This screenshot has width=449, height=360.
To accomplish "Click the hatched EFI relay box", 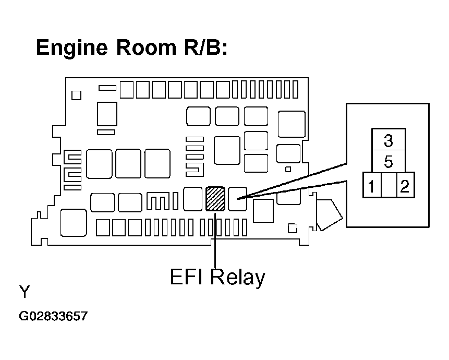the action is [x=215, y=199].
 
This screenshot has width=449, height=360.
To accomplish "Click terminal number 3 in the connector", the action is [x=389, y=140].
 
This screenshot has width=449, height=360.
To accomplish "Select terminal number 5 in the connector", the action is [x=389, y=162].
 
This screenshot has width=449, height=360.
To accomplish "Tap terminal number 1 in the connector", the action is [x=371, y=186].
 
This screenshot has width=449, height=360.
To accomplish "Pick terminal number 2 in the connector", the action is [x=405, y=186].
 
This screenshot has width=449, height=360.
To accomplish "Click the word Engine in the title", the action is [x=72, y=48].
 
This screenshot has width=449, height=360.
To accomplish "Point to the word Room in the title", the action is [x=146, y=47].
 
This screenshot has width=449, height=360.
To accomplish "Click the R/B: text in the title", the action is [x=205, y=47].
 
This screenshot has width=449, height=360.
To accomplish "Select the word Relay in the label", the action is [x=237, y=277].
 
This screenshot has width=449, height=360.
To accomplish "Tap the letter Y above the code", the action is [x=25, y=292].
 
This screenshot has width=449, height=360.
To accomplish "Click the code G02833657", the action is [x=53, y=316].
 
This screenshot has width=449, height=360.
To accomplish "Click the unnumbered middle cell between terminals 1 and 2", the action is [x=389, y=185].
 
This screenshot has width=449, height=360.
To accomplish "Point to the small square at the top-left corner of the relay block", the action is [x=76, y=95].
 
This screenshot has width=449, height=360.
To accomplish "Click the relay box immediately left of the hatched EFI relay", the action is [x=193, y=199].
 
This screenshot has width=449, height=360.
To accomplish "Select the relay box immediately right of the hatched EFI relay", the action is [x=237, y=199].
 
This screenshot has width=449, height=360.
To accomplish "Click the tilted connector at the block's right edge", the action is [x=329, y=215].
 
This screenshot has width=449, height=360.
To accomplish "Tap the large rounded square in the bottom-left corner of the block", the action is [x=74, y=223].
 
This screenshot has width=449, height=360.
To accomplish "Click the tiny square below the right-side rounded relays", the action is [x=288, y=169].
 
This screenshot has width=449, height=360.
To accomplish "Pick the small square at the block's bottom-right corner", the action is [x=293, y=228].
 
